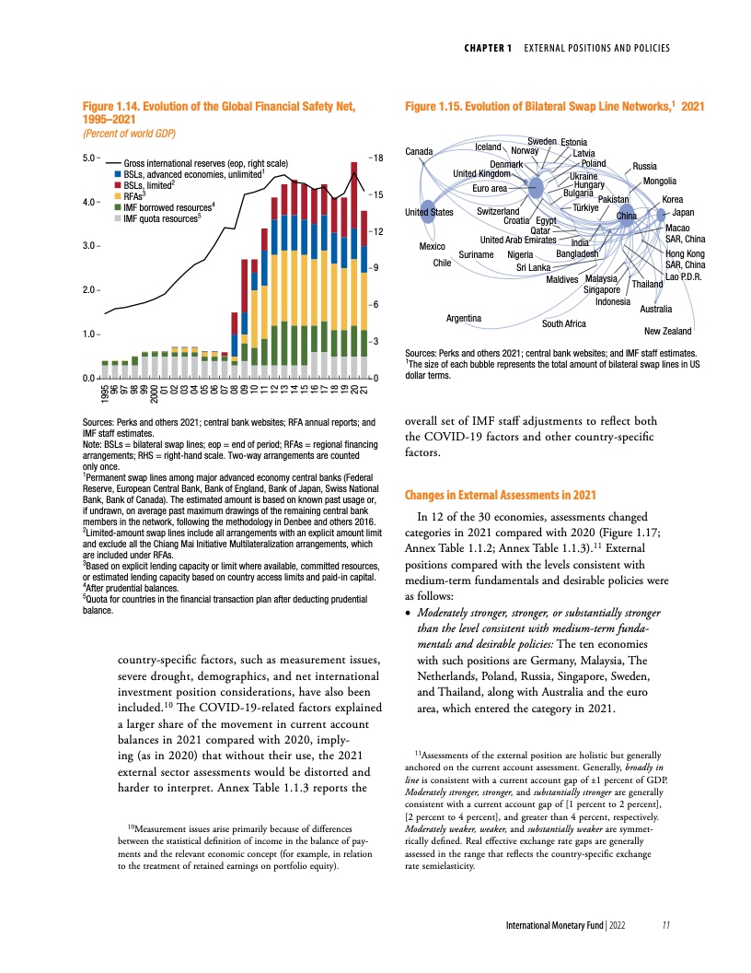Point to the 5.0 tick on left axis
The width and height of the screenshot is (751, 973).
coord(90,158)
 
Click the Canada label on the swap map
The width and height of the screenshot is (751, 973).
coord(419,150)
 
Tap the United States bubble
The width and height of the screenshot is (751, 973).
coord(428,212)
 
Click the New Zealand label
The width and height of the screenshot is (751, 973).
coord(667,331)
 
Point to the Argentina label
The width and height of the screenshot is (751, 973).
coord(465,318)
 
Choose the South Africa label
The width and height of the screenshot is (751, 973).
coord(564,323)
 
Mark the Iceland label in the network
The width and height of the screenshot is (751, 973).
coord(488,147)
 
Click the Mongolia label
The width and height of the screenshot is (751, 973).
coord(660,181)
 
